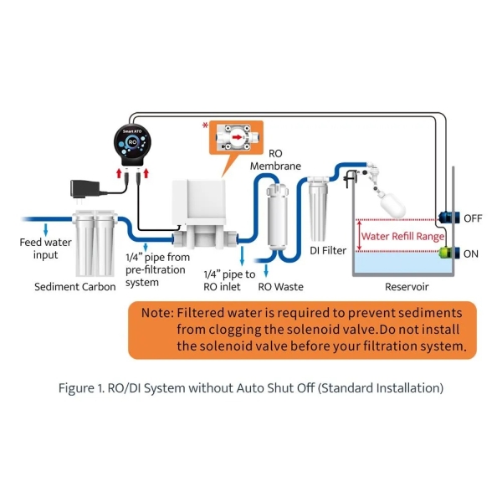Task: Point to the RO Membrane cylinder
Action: (277, 216)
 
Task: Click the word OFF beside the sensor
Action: (474, 218)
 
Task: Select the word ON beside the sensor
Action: (472, 253)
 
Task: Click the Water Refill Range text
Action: (402, 236)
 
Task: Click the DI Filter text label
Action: (328, 250)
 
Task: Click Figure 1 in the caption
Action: (82, 388)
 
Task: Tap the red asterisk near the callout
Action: (204, 125)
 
